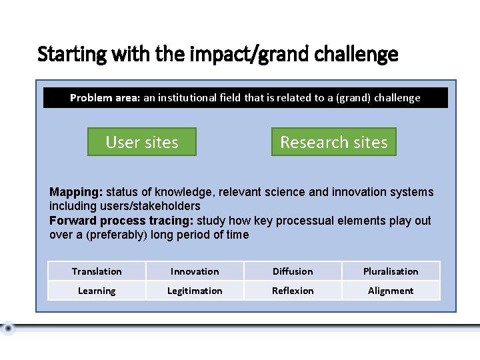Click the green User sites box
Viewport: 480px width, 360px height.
pyautogui.click(x=142, y=142)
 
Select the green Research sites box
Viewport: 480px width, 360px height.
pyautogui.click(x=333, y=142)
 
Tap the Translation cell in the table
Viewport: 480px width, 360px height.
pyautogui.click(x=97, y=271)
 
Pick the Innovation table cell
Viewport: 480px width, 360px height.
pyautogui.click(x=195, y=271)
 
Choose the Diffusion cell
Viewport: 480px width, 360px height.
pyautogui.click(x=293, y=271)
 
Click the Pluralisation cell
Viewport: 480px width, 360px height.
pyautogui.click(x=391, y=271)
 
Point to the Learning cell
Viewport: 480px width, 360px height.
pyautogui.click(x=97, y=291)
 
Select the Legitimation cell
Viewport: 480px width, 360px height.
pyautogui.click(x=195, y=291)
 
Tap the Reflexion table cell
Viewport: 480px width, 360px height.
pyautogui.click(x=293, y=291)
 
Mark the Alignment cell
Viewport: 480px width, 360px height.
pyautogui.click(x=391, y=291)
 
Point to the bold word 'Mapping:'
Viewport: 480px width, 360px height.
pyautogui.click(x=75, y=192)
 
